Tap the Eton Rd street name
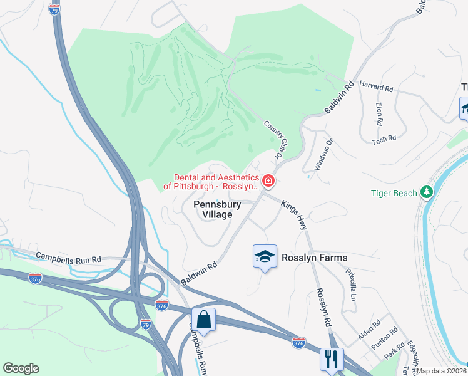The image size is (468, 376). pyautogui.click(x=379, y=112)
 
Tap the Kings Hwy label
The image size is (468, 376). pyautogui.click(x=295, y=214)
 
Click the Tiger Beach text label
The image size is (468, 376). pyautogui.click(x=394, y=193)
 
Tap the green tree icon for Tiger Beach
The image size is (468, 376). pyautogui.click(x=427, y=191)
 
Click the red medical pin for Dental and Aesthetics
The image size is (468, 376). pyautogui.click(x=268, y=181)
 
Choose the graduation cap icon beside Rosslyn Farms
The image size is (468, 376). pyautogui.click(x=265, y=256)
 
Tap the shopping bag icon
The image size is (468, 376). pyautogui.click(x=203, y=320)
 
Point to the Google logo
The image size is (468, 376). pyautogui.click(x=21, y=368)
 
